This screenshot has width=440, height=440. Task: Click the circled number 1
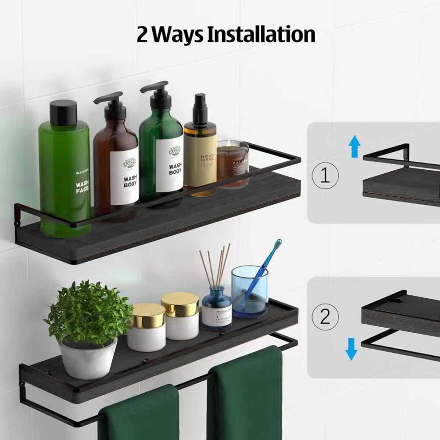click(x=325, y=176)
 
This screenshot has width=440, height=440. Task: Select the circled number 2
click(x=325, y=317)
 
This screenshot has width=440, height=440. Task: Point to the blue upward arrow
click(x=354, y=146)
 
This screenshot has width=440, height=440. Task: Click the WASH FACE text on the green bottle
click(x=82, y=187)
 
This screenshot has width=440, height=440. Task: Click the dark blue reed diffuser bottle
click(x=216, y=310)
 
